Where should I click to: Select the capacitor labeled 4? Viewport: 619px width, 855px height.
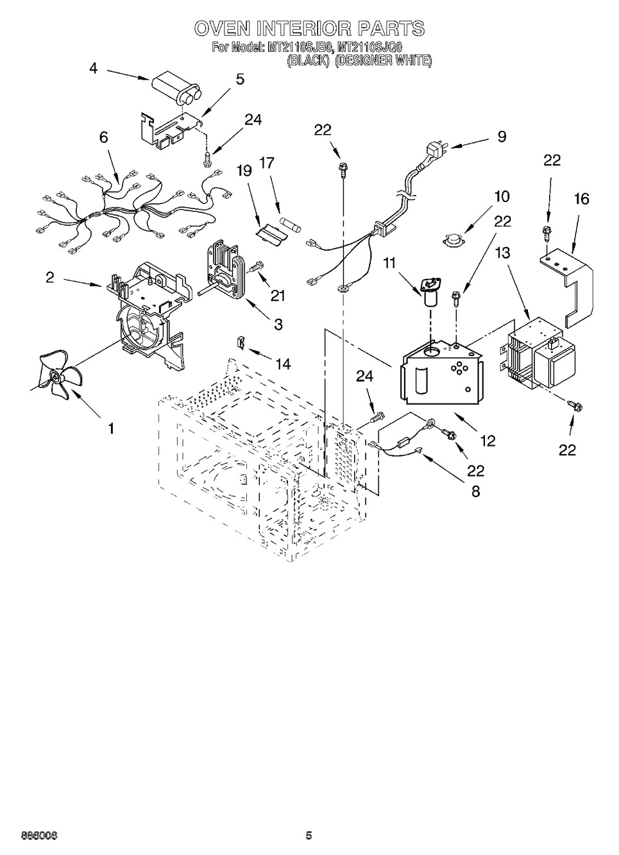click(x=175, y=90)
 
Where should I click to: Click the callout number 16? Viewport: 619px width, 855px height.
click(x=581, y=199)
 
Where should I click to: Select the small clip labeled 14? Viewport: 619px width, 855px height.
click(x=242, y=342)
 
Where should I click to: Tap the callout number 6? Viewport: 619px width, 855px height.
click(x=103, y=137)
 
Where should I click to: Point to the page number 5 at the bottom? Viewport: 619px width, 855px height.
click(x=309, y=835)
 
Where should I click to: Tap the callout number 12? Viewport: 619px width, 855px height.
click(x=488, y=441)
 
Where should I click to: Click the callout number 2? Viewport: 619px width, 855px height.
click(x=49, y=277)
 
